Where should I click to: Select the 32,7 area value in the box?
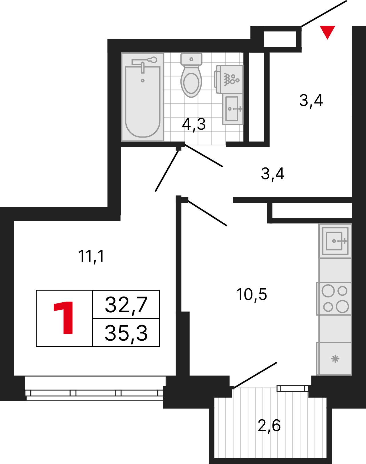point(126,305)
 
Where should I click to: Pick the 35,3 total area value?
point(126,333)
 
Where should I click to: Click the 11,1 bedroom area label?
point(91,256)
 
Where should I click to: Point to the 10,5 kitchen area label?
point(251,295)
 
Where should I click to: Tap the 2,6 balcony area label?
point(269,426)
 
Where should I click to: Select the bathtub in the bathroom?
point(143,97)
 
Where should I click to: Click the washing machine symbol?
point(228,79)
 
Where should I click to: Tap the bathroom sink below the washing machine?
point(233,109)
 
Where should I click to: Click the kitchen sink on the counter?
point(335,241)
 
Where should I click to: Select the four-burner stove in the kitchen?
point(334,299)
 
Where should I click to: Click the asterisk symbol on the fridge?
point(335,359)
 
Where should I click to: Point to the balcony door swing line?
point(256,375)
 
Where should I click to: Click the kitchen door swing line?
point(207,213)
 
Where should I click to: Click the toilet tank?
point(191,59)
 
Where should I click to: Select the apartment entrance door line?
point(324,14)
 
